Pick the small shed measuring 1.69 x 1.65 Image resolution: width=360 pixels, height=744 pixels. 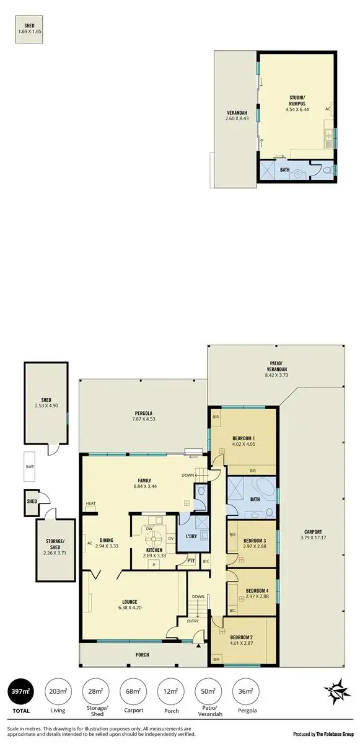pos(30,30)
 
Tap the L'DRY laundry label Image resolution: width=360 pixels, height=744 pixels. pos(190,536)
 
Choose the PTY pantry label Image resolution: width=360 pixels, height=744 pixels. pos(191,562)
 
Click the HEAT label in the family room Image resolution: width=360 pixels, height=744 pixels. pos(91,503)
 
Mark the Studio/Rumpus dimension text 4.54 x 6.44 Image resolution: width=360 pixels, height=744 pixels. pos(297,109)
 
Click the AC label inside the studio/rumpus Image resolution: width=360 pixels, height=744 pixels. pos(328,108)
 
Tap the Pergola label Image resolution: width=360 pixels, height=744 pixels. pos(144,413)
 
